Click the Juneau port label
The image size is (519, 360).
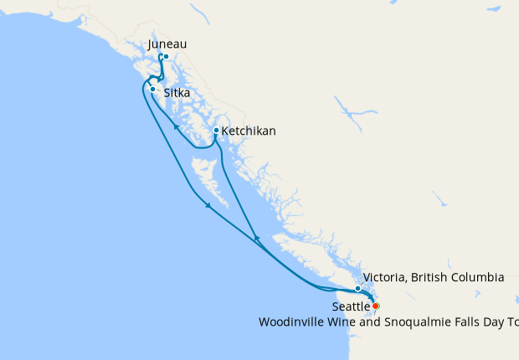click(167, 44)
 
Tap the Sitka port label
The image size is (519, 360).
click(177, 93)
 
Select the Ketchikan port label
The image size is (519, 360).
click(249, 131)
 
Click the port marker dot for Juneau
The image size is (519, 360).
click(167, 57)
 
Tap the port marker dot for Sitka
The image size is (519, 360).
click(152, 88)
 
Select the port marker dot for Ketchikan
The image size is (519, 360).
click(216, 131)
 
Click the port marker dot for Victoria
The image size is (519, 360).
click(357, 289)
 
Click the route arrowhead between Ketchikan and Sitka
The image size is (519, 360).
click(175, 128)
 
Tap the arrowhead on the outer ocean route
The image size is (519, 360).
click(207, 208)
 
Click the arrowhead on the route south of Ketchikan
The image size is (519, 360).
click(256, 239)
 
